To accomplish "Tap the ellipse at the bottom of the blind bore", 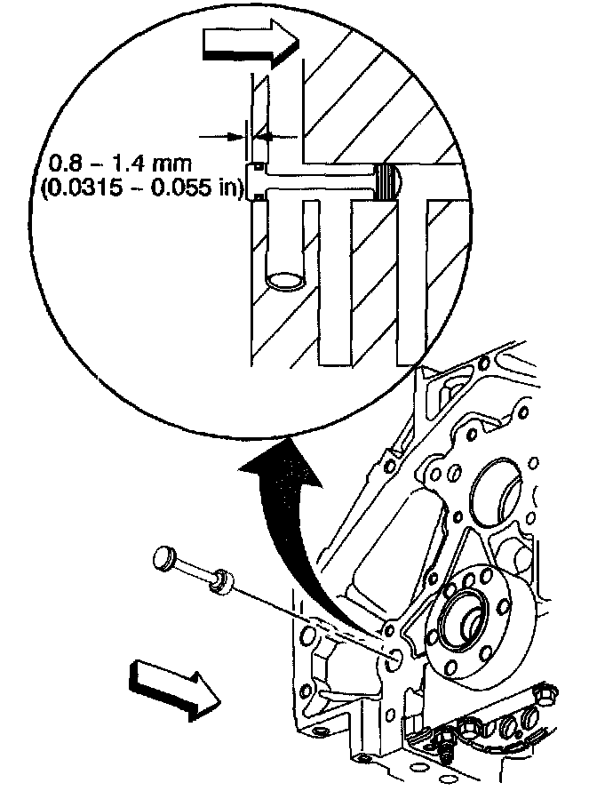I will (x=287, y=280).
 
